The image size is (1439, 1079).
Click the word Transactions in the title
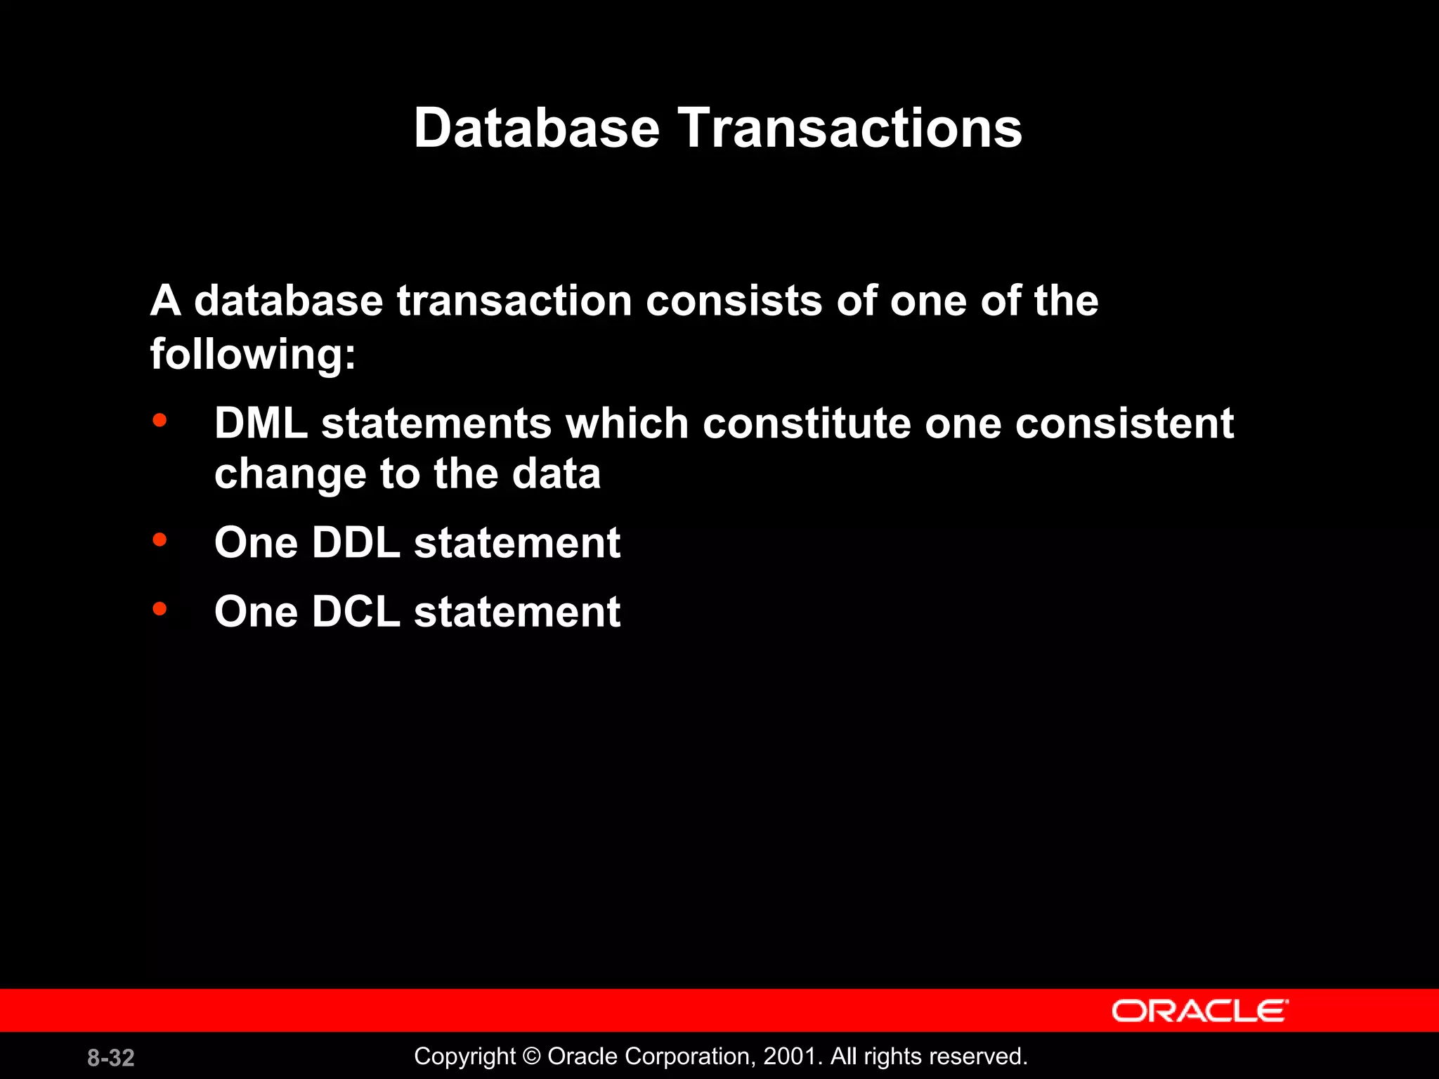(x=849, y=128)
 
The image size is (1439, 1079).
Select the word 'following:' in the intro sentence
(x=253, y=353)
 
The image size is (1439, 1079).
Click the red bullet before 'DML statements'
(x=160, y=421)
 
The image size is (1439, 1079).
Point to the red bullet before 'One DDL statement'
(x=160, y=540)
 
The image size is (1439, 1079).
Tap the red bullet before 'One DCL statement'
(x=160, y=608)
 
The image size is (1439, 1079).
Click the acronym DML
(x=261, y=424)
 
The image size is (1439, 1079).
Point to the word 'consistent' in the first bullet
(x=1124, y=424)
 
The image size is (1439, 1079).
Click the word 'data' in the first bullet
(x=556, y=474)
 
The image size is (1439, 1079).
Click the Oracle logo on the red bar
(x=1199, y=1011)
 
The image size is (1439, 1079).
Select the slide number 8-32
(x=111, y=1057)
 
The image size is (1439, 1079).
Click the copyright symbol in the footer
(x=532, y=1057)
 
